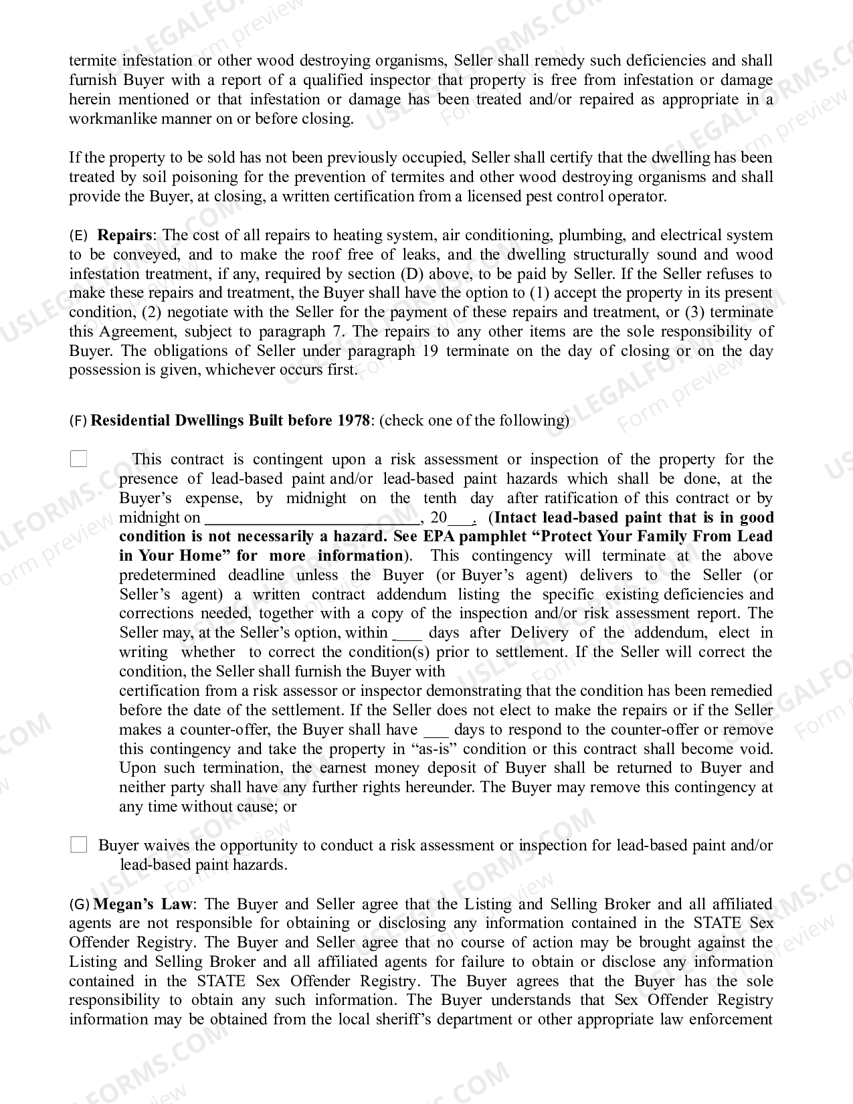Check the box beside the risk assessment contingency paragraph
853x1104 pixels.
pyautogui.click(x=79, y=459)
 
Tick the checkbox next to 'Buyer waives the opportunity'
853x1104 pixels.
pyautogui.click(x=79, y=845)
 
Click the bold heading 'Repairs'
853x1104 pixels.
pyautogui.click(x=125, y=236)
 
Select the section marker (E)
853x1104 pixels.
pyautogui.click(x=78, y=236)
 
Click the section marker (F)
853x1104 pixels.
pyautogui.click(x=78, y=421)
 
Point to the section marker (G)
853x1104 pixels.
pyautogui.click(x=79, y=905)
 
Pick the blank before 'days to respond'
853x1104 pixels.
pyautogui.click(x=436, y=730)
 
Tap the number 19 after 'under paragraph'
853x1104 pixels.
pyautogui.click(x=431, y=351)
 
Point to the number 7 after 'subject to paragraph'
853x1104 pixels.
pyautogui.click(x=338, y=332)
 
